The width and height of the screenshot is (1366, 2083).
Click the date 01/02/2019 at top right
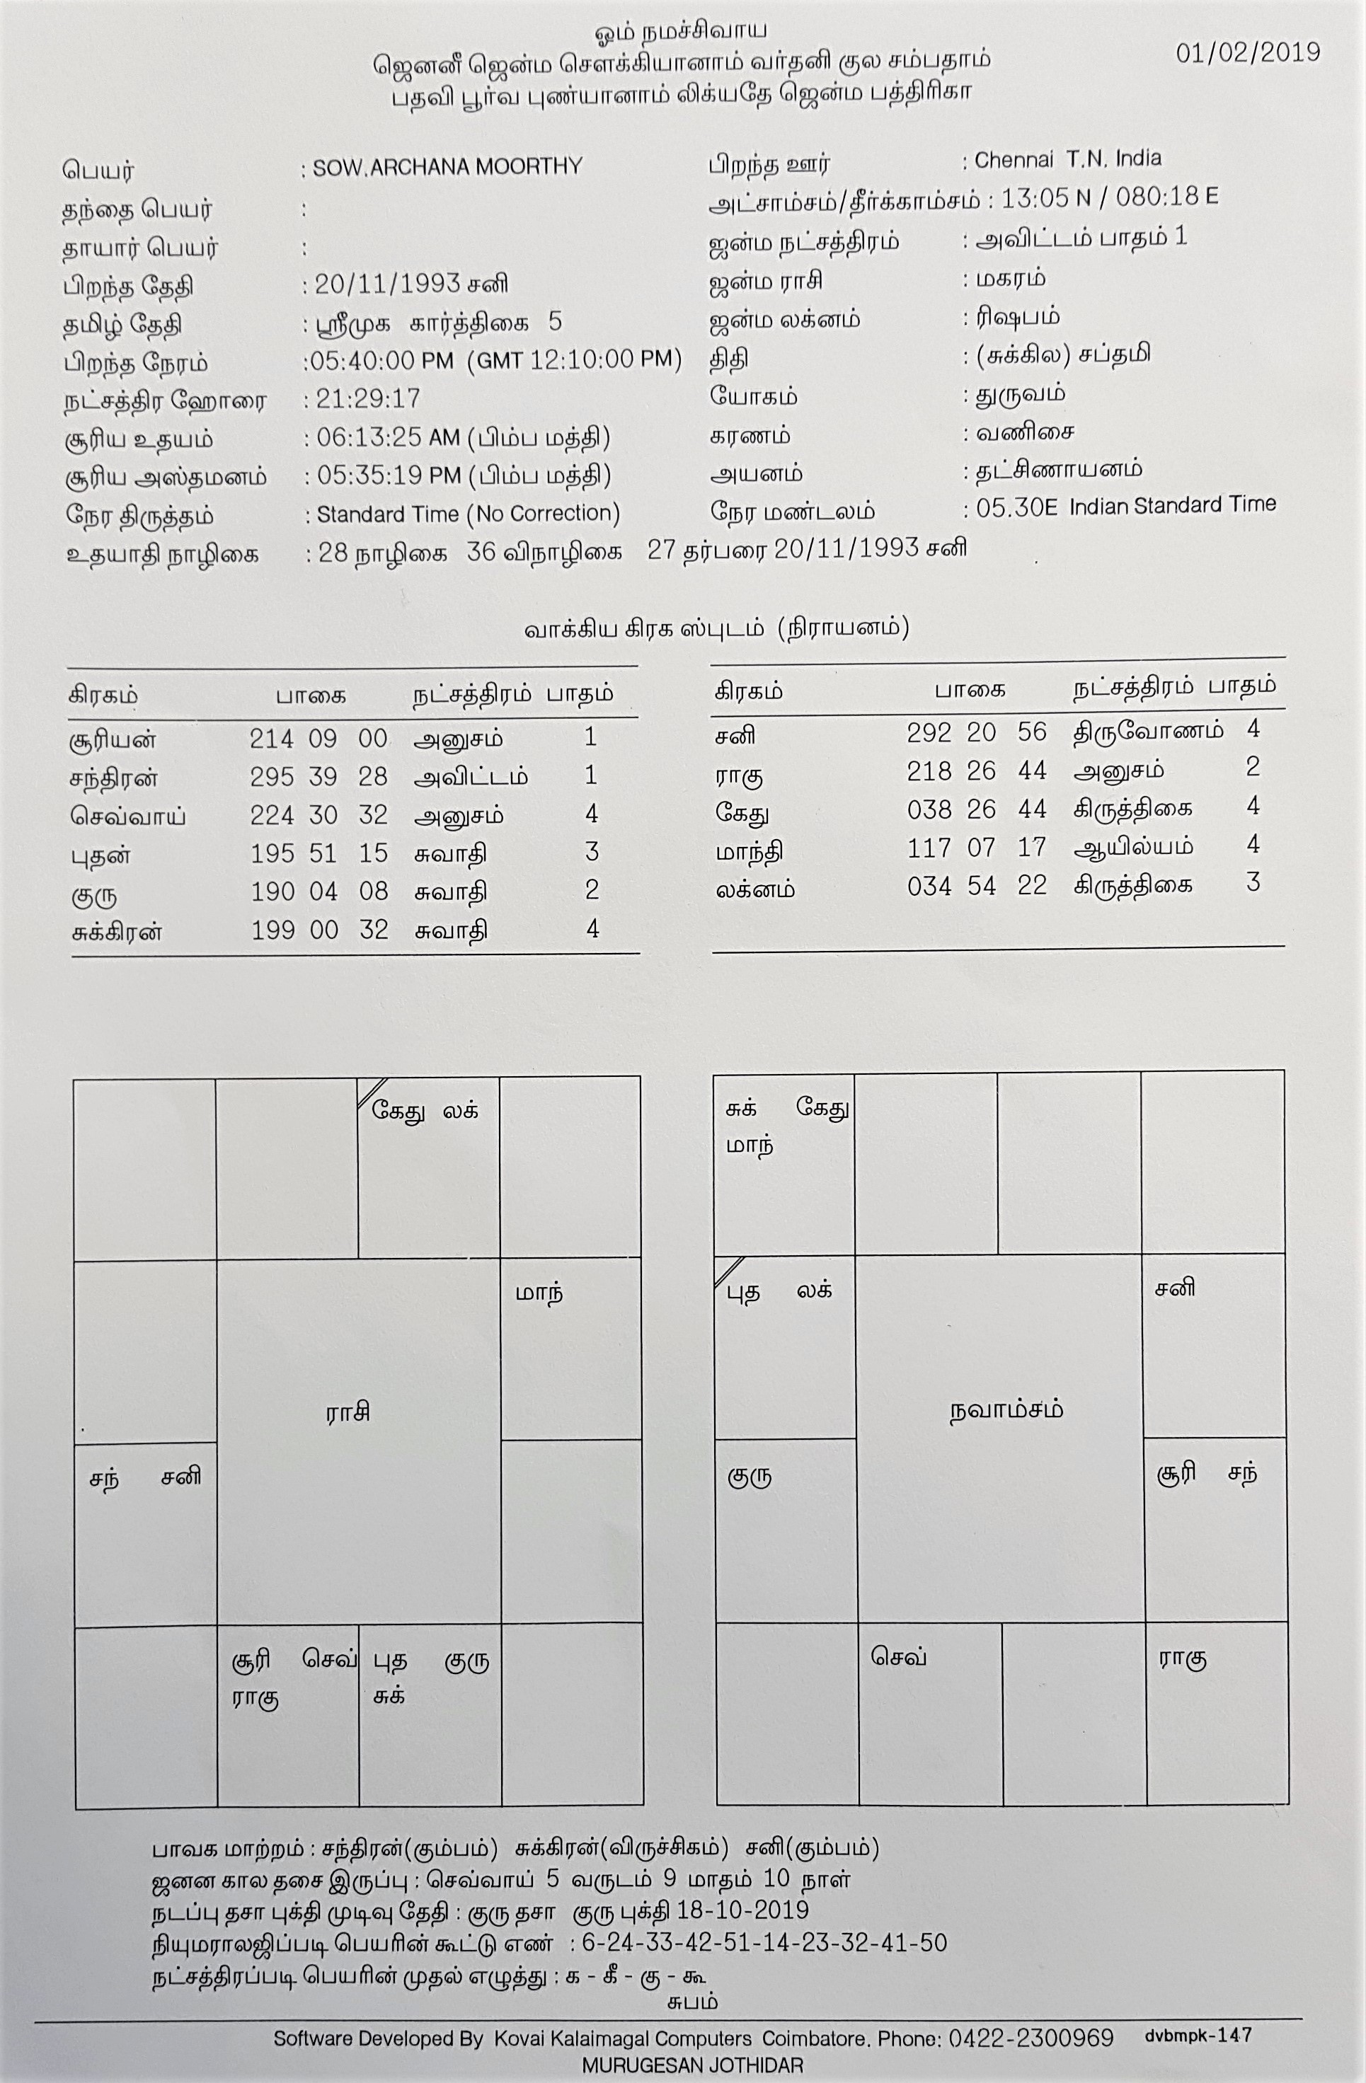[1248, 53]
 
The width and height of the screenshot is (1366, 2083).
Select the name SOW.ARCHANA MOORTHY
[447, 167]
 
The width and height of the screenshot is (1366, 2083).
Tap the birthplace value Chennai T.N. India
[1067, 160]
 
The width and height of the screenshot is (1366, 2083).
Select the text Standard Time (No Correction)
[468, 514]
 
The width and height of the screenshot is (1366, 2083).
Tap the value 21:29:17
[368, 399]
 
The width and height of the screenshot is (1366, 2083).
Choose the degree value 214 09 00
[318, 739]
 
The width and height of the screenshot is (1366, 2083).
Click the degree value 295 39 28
[318, 777]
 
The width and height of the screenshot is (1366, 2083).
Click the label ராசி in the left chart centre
[348, 1411]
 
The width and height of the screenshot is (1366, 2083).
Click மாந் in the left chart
[539, 1293]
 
